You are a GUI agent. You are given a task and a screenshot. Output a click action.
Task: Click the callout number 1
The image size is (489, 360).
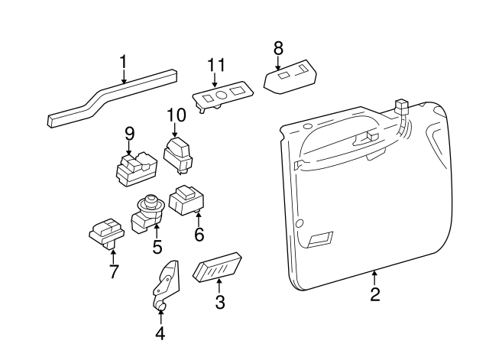(123, 60)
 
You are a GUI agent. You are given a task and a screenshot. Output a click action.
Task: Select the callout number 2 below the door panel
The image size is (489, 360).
(374, 294)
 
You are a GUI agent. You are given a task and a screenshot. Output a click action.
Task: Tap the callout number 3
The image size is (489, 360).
(220, 302)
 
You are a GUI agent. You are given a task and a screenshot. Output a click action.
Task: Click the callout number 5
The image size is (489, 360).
(157, 247)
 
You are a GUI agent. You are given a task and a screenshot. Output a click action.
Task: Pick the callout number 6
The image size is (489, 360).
(199, 235)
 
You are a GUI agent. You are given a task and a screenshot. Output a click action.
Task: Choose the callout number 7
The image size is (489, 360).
(113, 270)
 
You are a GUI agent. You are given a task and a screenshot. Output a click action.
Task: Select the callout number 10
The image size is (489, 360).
(176, 115)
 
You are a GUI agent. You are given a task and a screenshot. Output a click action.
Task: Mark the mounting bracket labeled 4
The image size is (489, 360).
(167, 283)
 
